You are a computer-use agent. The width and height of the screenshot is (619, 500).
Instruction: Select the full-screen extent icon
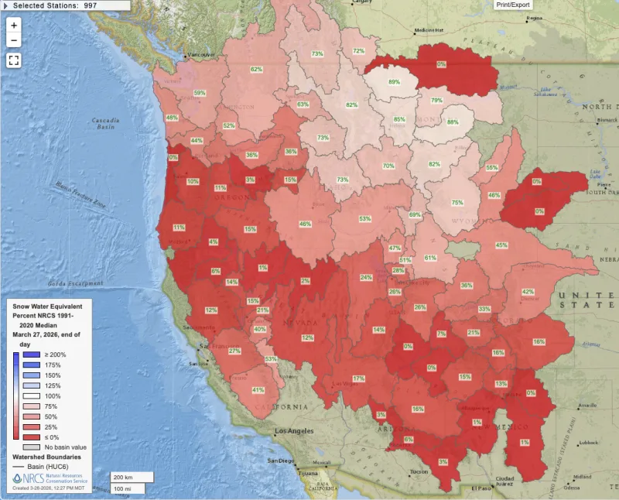[x=14, y=60]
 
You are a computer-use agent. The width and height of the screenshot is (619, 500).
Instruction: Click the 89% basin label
[x=394, y=82]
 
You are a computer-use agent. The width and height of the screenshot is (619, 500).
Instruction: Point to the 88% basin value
[x=452, y=122]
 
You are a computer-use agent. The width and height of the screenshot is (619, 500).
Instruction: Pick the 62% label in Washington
[x=256, y=70]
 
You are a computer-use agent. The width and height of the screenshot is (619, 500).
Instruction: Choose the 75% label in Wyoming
[x=457, y=203]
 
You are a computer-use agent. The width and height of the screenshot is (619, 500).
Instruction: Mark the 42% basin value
[x=528, y=292]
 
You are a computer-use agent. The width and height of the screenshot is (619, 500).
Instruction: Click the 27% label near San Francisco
[x=234, y=351]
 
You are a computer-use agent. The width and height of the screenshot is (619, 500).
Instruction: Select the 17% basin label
[x=358, y=378]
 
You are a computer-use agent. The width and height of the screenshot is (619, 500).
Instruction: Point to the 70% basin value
[x=388, y=166]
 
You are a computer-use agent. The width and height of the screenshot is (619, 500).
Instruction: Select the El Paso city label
[x=480, y=488]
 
